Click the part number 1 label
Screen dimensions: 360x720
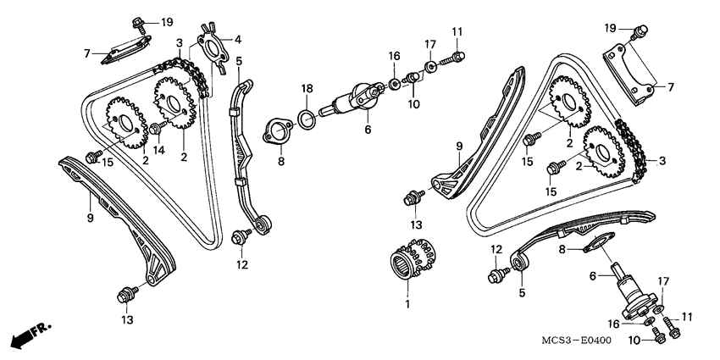pos(407,302)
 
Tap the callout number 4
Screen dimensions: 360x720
pos(238,38)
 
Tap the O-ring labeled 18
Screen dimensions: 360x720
pos(310,119)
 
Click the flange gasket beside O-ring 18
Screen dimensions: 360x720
pos(274,133)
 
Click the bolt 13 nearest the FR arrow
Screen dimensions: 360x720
pos(128,294)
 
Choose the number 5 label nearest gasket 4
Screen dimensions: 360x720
pos(239,61)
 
